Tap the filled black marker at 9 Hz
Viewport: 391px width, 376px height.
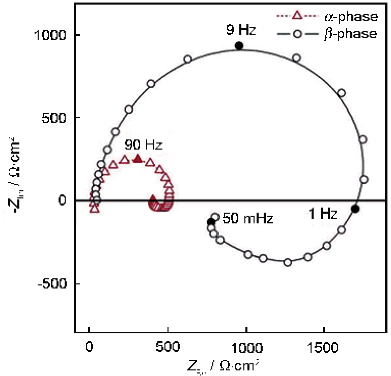click(x=239, y=46)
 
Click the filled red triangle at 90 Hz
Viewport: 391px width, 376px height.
click(x=137, y=159)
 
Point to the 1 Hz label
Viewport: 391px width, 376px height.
click(x=323, y=214)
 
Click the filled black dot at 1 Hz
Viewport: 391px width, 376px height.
click(x=355, y=209)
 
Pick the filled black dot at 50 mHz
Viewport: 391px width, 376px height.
click(x=211, y=221)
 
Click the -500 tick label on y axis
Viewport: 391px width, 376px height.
click(x=53, y=283)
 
